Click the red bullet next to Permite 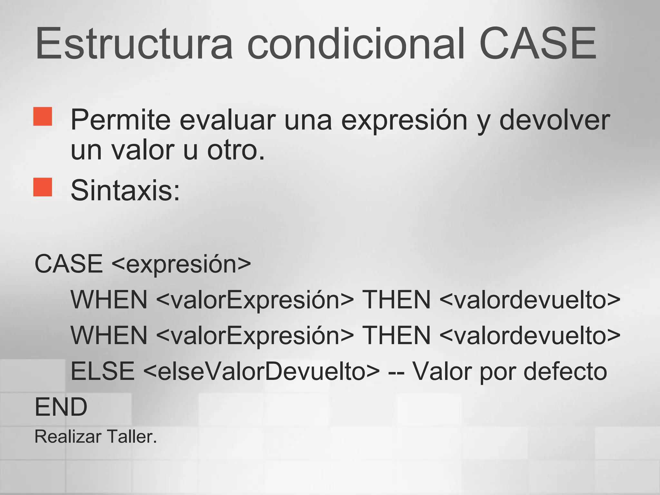coord(43,116)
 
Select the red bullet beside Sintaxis coord(43,187)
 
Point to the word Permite coord(121,120)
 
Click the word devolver coord(554,120)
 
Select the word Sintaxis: coord(125,190)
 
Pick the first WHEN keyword coord(109,300)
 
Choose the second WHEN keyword coord(109,335)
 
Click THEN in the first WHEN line coord(396,300)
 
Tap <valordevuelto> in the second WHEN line coord(529,335)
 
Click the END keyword coord(61,407)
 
